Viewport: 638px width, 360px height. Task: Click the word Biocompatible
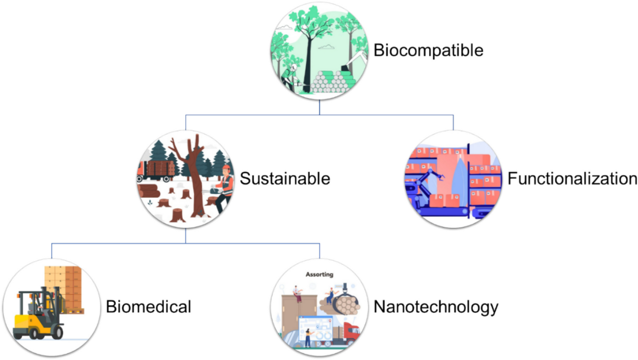pos(428,51)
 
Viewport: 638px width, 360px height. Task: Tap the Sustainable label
pos(285,179)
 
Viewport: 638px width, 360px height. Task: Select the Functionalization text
pos(572,179)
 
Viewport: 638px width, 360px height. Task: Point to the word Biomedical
pos(148,307)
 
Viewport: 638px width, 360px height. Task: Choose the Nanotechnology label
pos(436,307)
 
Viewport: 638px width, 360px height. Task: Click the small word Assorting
pos(319,275)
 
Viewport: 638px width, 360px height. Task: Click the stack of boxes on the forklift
pos(64,289)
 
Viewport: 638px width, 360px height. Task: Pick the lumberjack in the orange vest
pos(225,187)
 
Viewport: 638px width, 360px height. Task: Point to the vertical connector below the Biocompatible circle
pos(319,107)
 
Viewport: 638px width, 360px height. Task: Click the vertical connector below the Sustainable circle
pos(186,236)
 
